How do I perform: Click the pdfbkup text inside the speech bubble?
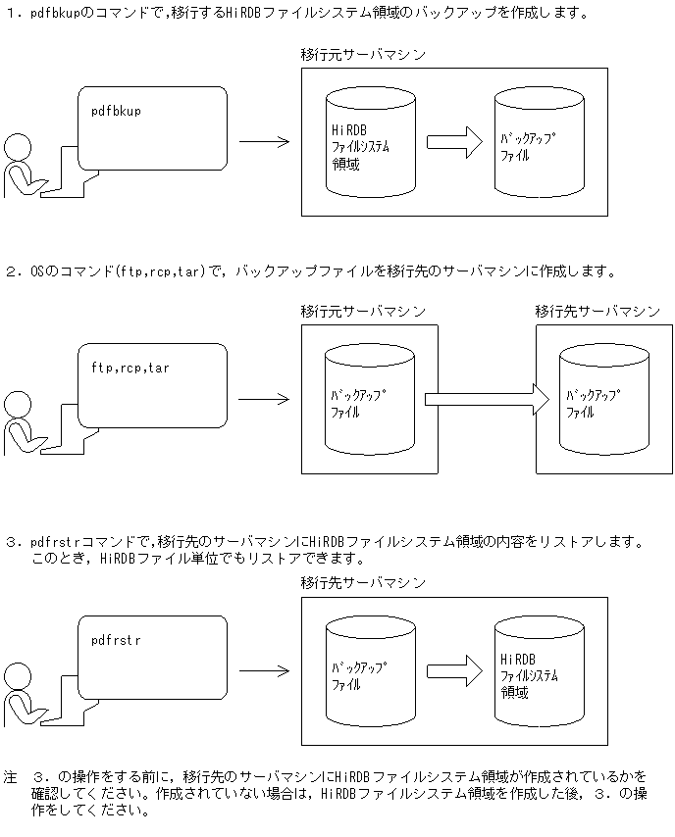tap(116, 111)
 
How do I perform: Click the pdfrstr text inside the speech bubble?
tap(116, 640)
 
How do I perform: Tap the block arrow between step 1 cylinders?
tap(454, 142)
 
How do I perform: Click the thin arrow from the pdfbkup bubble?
tap(264, 142)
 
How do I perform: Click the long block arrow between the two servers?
tap(486, 399)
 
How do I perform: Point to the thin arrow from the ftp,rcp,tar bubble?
tap(264, 399)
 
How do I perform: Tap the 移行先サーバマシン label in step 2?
tap(597, 311)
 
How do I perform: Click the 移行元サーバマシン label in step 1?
tap(363, 54)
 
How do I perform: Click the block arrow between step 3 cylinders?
tap(454, 671)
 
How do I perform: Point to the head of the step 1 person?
tap(20, 146)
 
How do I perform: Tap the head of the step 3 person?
tap(20, 676)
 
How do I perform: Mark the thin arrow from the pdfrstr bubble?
tap(264, 671)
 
